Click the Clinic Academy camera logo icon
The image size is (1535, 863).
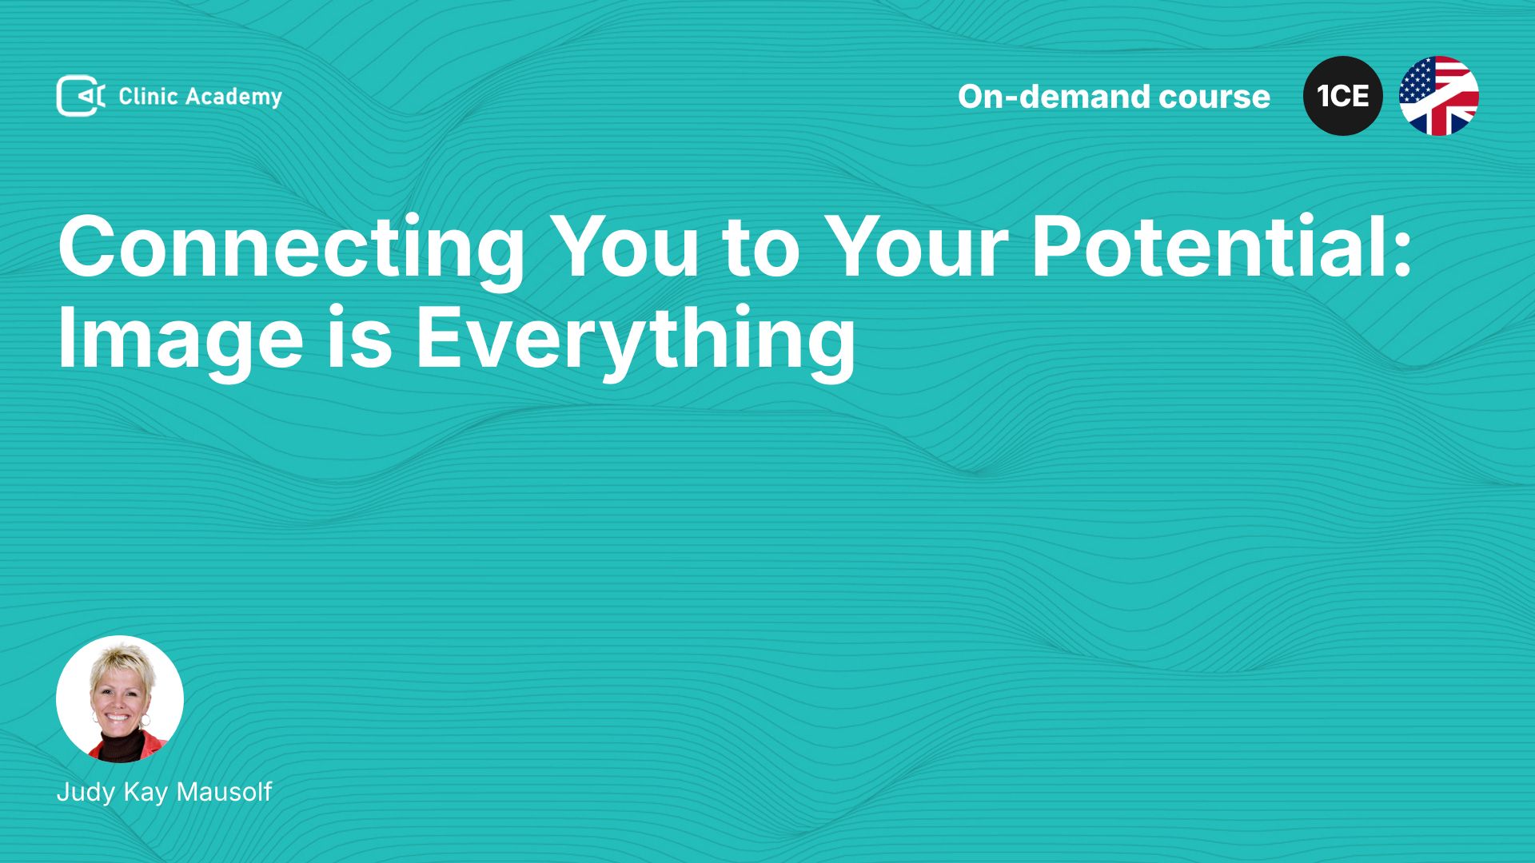[81, 96]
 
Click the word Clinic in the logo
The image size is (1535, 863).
[148, 96]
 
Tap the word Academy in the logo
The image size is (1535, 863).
[234, 97]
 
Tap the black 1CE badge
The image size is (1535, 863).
[1343, 96]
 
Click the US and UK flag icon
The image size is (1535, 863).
[1439, 96]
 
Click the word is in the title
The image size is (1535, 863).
[360, 336]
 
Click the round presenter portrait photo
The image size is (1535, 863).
[120, 699]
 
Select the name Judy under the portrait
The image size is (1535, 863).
[86, 793]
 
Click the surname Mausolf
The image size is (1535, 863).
[224, 792]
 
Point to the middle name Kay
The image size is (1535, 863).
[146, 793]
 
